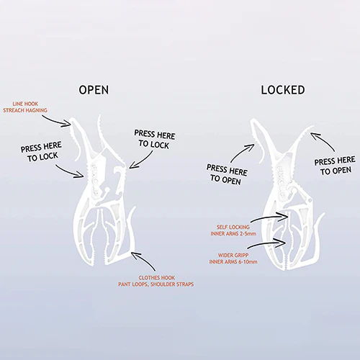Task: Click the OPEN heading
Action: [94, 90]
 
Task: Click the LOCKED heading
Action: [283, 90]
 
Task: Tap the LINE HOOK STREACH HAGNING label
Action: [25, 107]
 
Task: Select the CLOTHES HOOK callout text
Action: [156, 281]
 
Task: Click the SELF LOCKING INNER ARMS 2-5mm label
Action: [233, 230]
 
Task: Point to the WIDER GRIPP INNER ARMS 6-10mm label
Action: [233, 258]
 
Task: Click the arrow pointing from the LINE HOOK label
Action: [57, 121]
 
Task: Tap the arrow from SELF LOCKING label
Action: [269, 217]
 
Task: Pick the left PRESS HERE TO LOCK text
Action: [42, 152]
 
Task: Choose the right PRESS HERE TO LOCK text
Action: [155, 140]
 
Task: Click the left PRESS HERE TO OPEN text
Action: [227, 174]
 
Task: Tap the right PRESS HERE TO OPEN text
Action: [336, 166]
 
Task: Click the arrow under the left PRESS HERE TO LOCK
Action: [70, 172]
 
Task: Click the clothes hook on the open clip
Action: [132, 230]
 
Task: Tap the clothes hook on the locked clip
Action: [318, 238]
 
